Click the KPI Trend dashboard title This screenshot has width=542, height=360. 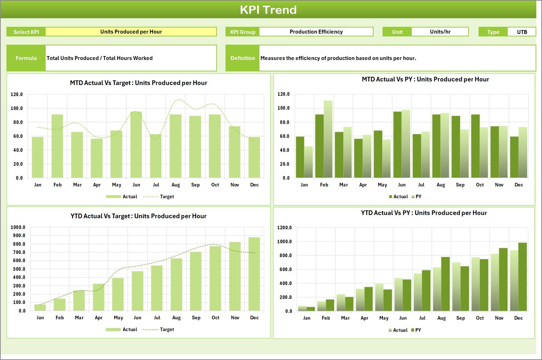click(x=268, y=10)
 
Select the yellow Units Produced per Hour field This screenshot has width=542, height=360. click(x=131, y=32)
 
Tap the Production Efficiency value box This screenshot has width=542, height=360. click(x=316, y=32)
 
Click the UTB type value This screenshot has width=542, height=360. click(x=522, y=32)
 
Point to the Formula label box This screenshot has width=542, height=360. click(x=26, y=58)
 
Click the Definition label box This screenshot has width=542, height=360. click(x=242, y=58)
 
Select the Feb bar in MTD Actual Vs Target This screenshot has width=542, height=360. click(x=57, y=146)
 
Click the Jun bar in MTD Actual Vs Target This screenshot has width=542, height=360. click(x=136, y=145)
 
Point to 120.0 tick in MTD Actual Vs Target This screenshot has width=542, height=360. click(x=17, y=95)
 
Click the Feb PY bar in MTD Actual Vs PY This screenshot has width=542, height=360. click(x=328, y=139)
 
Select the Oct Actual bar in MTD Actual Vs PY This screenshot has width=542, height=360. click(x=475, y=146)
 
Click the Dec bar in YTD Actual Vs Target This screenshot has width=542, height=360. click(x=254, y=274)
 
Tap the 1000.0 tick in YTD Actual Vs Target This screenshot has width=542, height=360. click(x=18, y=227)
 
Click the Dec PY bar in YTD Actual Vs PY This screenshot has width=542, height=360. click(x=522, y=277)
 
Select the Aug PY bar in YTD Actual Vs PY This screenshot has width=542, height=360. click(x=445, y=284)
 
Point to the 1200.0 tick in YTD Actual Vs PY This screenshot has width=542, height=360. click(x=284, y=228)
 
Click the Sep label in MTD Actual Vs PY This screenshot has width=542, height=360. click(x=460, y=185)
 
